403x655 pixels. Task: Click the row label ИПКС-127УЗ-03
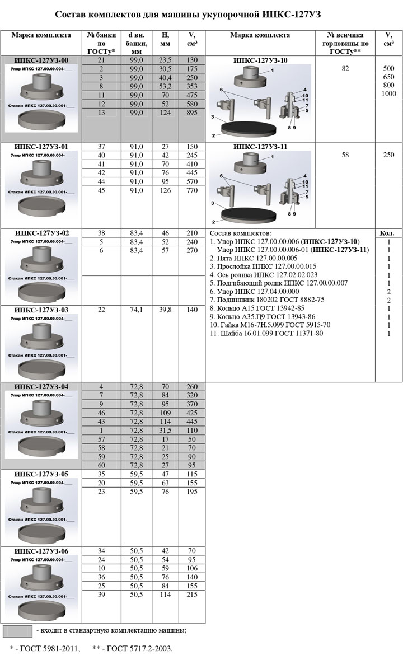tap(41, 310)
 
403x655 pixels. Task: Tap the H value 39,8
tap(165, 310)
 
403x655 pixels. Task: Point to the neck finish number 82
tap(345, 68)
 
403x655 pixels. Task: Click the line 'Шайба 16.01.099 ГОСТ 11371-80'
tap(266, 334)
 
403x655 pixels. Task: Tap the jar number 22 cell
tap(101, 310)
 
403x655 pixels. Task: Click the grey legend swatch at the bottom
tap(17, 631)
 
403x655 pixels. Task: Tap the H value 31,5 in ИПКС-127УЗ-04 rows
tap(165, 430)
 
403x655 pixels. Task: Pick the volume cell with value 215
tap(192, 595)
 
